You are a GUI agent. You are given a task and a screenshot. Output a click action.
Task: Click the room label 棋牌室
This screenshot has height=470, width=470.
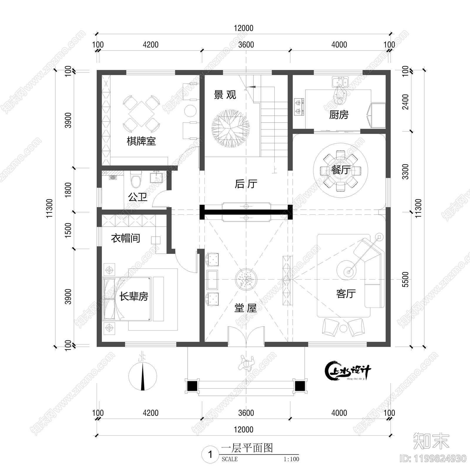141,141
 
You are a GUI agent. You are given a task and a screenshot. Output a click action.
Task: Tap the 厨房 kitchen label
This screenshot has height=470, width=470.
339,115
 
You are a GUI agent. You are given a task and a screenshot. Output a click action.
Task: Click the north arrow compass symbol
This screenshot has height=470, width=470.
143,376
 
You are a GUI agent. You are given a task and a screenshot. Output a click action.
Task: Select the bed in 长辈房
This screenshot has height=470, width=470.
127,299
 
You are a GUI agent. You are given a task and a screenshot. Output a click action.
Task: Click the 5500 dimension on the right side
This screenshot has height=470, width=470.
405,279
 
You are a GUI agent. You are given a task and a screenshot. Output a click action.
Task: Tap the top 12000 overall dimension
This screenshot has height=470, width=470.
243,28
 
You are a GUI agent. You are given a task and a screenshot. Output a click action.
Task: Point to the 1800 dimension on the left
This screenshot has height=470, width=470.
68,190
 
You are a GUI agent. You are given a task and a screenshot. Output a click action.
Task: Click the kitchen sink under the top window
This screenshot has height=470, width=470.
340,81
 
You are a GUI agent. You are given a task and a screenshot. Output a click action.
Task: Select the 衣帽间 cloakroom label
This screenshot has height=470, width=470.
125,238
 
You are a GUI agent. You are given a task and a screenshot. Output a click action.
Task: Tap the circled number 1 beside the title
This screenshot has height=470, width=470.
210,455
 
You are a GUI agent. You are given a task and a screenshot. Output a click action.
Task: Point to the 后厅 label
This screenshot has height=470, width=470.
246,184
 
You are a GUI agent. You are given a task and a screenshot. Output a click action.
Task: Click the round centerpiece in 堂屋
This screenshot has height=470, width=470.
246,279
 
